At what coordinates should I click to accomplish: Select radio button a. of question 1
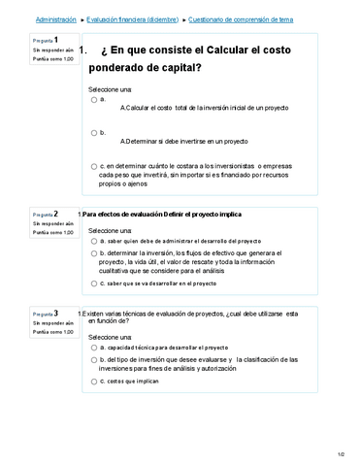(x=93, y=99)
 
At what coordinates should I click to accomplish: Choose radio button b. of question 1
(x=93, y=133)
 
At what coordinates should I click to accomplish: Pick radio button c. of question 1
(x=93, y=166)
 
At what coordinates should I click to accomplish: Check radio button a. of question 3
(x=93, y=347)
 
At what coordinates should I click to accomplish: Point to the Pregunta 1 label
(x=46, y=41)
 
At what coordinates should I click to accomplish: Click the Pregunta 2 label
(x=46, y=214)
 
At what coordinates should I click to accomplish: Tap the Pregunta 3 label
(x=46, y=314)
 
